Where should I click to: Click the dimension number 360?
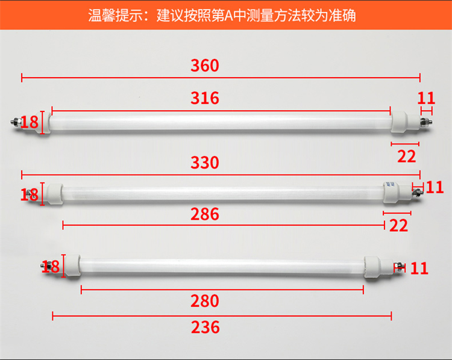[205, 66]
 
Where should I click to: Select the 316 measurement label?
[205, 98]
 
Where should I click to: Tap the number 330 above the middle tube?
[205, 163]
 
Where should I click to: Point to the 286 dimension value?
[205, 214]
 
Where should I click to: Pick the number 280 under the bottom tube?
[205, 301]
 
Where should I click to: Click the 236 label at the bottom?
[206, 327]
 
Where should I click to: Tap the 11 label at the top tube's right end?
[426, 98]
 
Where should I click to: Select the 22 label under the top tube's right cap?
[406, 157]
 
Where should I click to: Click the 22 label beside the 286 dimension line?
[399, 226]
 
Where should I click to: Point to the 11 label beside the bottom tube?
[419, 268]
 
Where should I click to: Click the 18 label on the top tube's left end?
[29, 122]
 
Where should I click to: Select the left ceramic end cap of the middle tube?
[54, 194]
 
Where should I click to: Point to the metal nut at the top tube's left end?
[15, 122]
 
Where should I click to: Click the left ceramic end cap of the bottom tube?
[72, 265]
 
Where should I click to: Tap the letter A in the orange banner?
[228, 16]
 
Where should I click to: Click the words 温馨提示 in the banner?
[116, 16]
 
